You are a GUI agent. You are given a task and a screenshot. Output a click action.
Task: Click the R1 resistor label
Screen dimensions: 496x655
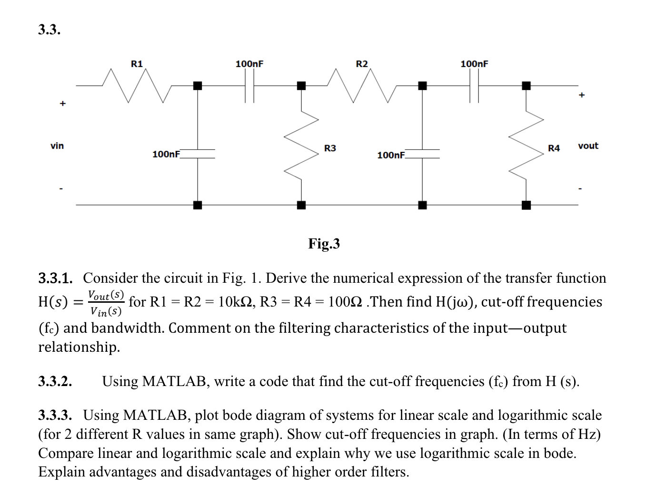(x=137, y=63)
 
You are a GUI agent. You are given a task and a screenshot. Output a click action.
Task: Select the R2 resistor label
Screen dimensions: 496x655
(x=362, y=63)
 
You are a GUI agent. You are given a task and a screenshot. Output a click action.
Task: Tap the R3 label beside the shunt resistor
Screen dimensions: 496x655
(x=330, y=148)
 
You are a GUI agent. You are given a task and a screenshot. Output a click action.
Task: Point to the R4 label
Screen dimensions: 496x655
(x=554, y=148)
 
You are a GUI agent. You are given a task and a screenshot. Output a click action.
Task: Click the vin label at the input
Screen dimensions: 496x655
(x=57, y=146)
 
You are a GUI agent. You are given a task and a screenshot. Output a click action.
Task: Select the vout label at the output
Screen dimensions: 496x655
(x=588, y=146)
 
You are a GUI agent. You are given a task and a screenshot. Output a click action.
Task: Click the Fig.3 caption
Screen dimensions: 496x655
(x=324, y=244)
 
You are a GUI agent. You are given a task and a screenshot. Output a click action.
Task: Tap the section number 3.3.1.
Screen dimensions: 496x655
(x=55, y=278)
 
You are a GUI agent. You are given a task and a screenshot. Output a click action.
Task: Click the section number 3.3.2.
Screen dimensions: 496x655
(x=55, y=381)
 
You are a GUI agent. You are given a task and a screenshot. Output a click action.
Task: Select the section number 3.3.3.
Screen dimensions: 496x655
(x=55, y=415)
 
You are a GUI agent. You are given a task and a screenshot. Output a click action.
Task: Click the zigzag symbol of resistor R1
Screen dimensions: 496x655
(x=137, y=86)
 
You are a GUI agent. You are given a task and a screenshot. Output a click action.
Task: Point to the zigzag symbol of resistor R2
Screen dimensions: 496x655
(x=362, y=86)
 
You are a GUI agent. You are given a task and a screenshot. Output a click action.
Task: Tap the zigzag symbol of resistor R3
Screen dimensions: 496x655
(x=301, y=145)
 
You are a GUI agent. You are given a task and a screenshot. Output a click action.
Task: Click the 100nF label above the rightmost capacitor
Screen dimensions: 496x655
(x=474, y=63)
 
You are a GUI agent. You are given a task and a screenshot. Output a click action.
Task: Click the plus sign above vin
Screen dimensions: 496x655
(x=62, y=103)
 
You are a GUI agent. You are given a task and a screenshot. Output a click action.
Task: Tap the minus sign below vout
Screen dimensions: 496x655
(x=580, y=189)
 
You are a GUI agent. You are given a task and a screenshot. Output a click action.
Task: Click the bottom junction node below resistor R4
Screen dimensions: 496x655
(x=526, y=205)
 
